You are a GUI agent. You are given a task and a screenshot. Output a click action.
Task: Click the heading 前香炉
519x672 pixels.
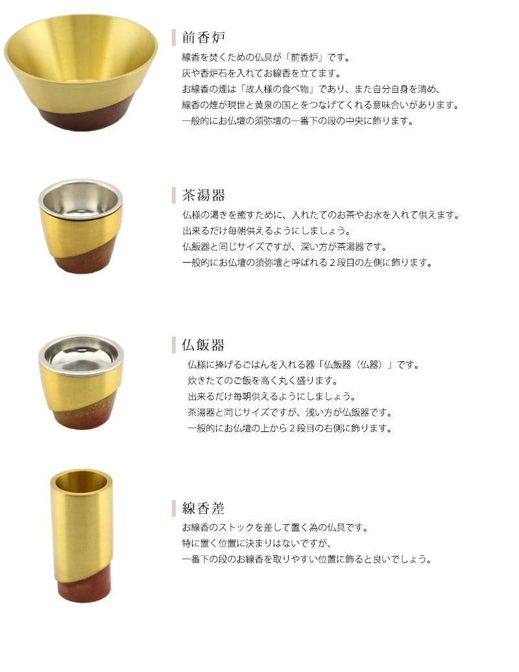pyautogui.click(x=204, y=37)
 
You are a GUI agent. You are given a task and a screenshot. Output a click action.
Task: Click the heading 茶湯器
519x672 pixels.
pyautogui.click(x=204, y=195)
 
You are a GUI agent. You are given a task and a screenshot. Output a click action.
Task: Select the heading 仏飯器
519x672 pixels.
pyautogui.click(x=204, y=344)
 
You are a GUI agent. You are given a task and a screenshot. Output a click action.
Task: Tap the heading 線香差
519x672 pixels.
pyautogui.click(x=204, y=508)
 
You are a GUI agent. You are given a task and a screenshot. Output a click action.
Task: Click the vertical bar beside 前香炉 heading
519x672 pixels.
pyautogui.click(x=174, y=37)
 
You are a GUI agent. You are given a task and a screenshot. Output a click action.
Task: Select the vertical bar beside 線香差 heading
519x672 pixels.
pyautogui.click(x=174, y=508)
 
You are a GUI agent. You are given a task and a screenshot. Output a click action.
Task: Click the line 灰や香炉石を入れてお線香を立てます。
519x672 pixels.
pyautogui.click(x=261, y=73)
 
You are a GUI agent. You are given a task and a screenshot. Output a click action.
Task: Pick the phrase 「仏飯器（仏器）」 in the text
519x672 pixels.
pyautogui.click(x=350, y=365)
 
